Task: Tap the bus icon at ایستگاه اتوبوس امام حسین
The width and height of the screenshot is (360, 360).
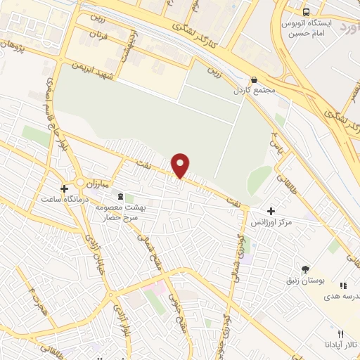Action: click(306, 12)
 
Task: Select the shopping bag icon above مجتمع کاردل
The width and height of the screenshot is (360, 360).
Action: click(254, 80)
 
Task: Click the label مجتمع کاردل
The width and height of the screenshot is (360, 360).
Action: click(254, 91)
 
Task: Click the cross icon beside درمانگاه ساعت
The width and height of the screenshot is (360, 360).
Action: click(64, 188)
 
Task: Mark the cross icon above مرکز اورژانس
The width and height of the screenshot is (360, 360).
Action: click(271, 210)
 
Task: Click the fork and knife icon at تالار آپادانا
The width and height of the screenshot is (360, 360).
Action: click(340, 333)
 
